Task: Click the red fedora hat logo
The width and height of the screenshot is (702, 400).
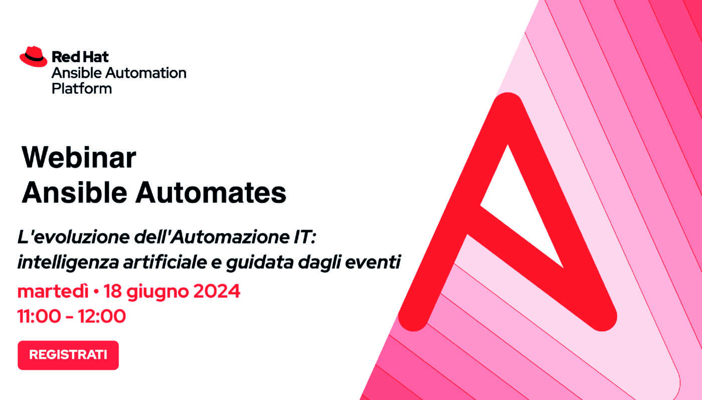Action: [33, 57]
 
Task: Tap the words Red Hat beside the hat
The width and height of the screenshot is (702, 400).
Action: [80, 57]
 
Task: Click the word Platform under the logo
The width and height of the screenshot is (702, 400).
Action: [81, 89]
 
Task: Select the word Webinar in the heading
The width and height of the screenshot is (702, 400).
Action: [79, 157]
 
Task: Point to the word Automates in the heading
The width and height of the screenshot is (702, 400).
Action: [211, 192]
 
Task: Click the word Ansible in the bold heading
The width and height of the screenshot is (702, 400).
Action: [74, 192]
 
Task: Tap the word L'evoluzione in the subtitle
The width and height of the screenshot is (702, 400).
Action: [74, 237]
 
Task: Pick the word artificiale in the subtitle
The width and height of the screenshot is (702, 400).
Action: [165, 262]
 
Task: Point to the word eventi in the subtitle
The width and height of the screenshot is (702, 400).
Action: [373, 262]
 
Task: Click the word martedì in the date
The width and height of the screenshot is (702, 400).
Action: [53, 291]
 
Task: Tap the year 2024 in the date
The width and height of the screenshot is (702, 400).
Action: [217, 291]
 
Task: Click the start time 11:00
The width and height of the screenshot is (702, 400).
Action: [39, 316]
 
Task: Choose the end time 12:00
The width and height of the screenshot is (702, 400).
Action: [102, 316]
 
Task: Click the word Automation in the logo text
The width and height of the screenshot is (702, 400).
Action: [146, 73]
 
